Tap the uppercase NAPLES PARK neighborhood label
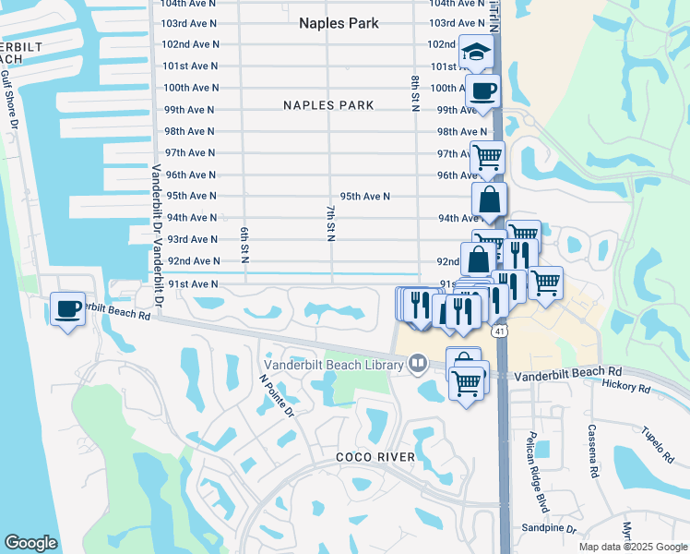coord(328,105)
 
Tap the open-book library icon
coord(418,365)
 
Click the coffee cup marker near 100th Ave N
coord(482,90)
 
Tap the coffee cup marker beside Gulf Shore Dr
coord(67,308)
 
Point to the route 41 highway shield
coord(499,331)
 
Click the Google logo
coord(30,543)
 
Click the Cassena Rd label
coord(592,452)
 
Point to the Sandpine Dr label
coord(548,530)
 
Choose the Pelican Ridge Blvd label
coord(532,473)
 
